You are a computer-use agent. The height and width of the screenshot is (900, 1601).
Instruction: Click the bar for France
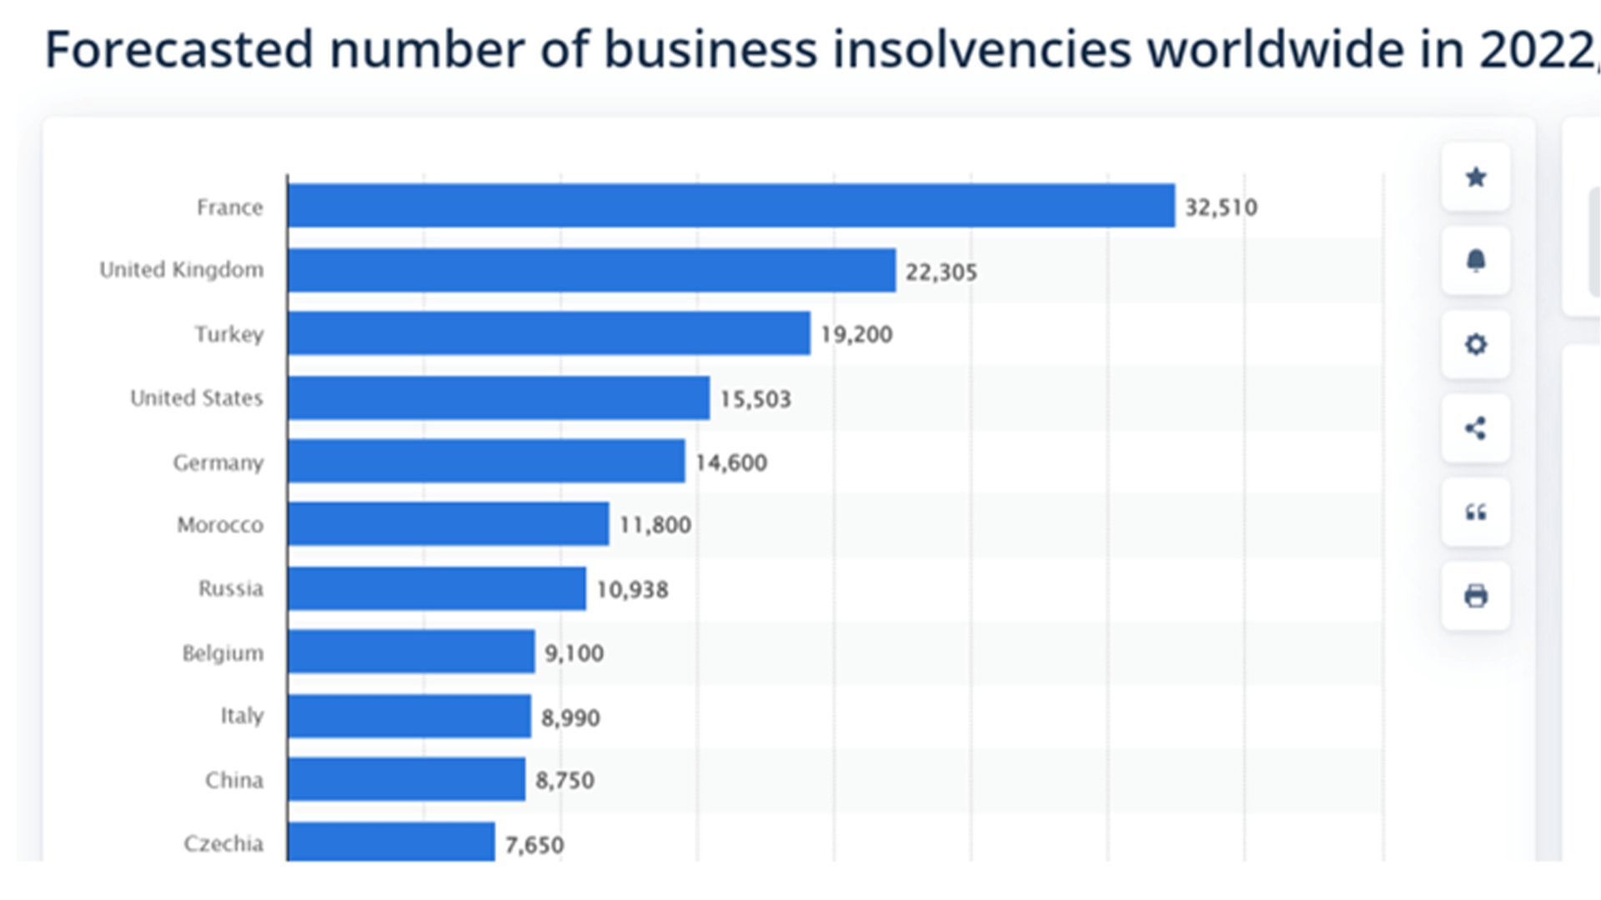[x=730, y=205]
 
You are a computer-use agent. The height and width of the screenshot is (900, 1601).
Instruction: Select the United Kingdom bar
[x=591, y=270]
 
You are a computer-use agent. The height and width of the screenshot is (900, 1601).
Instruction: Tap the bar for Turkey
[x=549, y=333]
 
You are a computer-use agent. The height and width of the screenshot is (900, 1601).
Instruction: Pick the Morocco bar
[x=448, y=524]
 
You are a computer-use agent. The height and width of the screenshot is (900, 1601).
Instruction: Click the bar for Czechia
[x=391, y=842]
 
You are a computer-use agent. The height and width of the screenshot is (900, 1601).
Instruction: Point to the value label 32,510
[x=1221, y=207]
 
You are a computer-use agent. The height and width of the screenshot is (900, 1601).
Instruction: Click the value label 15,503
[x=755, y=399]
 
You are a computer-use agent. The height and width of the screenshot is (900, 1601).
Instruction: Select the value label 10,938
[x=632, y=590]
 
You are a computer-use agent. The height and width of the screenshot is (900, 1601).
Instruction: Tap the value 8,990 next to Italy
[x=570, y=717]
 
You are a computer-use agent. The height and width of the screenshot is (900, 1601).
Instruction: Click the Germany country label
[x=218, y=462]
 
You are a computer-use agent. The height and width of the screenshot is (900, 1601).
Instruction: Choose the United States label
[x=197, y=398]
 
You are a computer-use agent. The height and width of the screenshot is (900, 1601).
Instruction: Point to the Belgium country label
[x=223, y=653]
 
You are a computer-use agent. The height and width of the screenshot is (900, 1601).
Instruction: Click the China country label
[x=234, y=781]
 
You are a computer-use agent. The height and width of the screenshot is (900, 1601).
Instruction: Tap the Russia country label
[x=231, y=589]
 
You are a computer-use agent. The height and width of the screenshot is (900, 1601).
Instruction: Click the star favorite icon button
[x=1476, y=177]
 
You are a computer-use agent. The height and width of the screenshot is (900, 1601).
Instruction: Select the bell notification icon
[x=1476, y=261]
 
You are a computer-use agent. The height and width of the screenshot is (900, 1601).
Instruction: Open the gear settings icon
[x=1476, y=344]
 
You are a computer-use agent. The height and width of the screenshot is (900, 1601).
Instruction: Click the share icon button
[x=1476, y=428]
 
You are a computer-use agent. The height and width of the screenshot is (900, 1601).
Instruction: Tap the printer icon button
[x=1476, y=596]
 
